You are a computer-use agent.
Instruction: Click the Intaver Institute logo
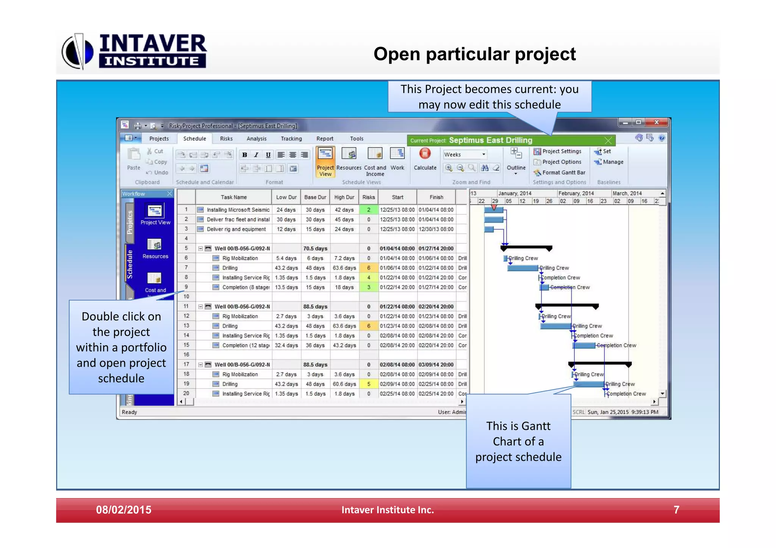pyautogui.click(x=135, y=52)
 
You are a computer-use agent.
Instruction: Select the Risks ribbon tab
pyautogui.click(x=226, y=139)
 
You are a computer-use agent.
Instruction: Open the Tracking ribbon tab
pyautogui.click(x=291, y=139)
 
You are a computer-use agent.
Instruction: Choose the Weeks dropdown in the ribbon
pyautogui.click(x=465, y=155)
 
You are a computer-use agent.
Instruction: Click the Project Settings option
pyautogui.click(x=557, y=151)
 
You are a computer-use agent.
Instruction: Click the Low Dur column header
pyautogui.click(x=286, y=197)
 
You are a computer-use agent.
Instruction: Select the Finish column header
pyautogui.click(x=436, y=197)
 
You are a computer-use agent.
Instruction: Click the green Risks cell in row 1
pyautogui.click(x=368, y=210)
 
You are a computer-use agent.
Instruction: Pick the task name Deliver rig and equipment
pyautogui.click(x=236, y=229)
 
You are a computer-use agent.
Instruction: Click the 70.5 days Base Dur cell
pyautogui.click(x=315, y=248)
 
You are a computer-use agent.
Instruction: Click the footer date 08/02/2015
pyautogui.click(x=124, y=510)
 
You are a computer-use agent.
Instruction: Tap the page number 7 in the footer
pyautogui.click(x=676, y=510)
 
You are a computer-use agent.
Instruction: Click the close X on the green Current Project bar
pyautogui.click(x=608, y=141)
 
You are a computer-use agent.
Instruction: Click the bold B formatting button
pyautogui.click(x=244, y=155)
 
